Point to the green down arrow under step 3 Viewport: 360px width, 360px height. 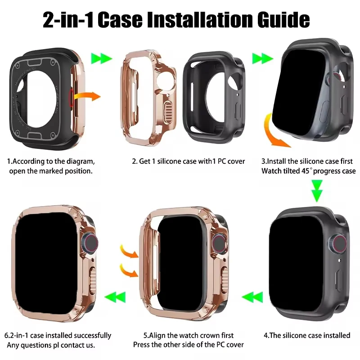click(x=318, y=189)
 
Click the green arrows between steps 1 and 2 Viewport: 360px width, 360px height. click(x=102, y=58)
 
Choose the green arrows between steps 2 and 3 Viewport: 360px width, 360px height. click(x=262, y=58)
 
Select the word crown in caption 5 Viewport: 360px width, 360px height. click(x=203, y=335)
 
